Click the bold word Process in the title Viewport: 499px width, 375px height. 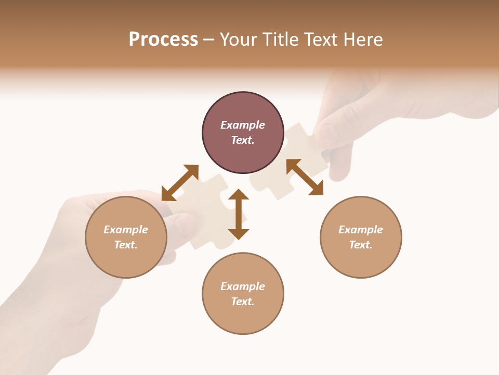pyautogui.click(x=163, y=40)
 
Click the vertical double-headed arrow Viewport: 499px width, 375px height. pyautogui.click(x=239, y=214)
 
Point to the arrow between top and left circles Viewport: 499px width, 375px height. pyautogui.click(x=180, y=183)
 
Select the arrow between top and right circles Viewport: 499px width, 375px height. pyautogui.click(x=305, y=178)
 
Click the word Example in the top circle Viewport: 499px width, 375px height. pyautogui.click(x=243, y=125)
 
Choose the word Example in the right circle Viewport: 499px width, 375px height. pyautogui.click(x=361, y=230)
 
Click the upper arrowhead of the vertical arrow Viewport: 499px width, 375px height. pyautogui.click(x=239, y=194)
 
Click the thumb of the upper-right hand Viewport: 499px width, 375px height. pyautogui.click(x=327, y=133)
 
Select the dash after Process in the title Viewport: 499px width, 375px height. pyautogui.click(x=209, y=40)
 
